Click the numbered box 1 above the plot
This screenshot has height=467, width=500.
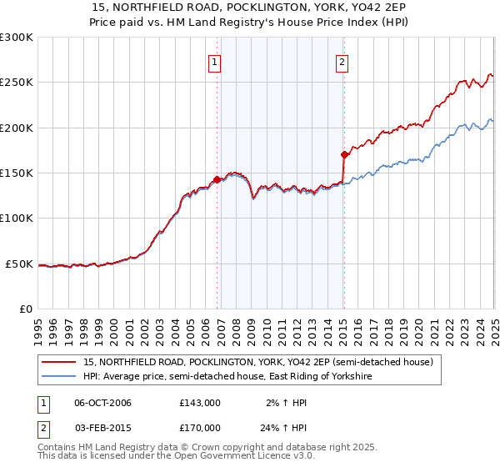[x=215, y=61]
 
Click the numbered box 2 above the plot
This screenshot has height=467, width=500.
[x=342, y=61]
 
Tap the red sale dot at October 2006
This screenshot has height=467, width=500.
[x=217, y=179]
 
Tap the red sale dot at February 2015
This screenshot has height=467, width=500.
[x=344, y=154]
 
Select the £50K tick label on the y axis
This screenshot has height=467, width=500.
[x=19, y=264]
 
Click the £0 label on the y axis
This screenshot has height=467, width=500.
[x=26, y=309]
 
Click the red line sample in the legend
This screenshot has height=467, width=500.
[x=59, y=363]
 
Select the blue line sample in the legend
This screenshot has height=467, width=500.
[x=59, y=377]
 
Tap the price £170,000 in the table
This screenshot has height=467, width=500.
[x=199, y=427]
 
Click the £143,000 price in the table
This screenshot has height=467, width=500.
[x=199, y=403]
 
